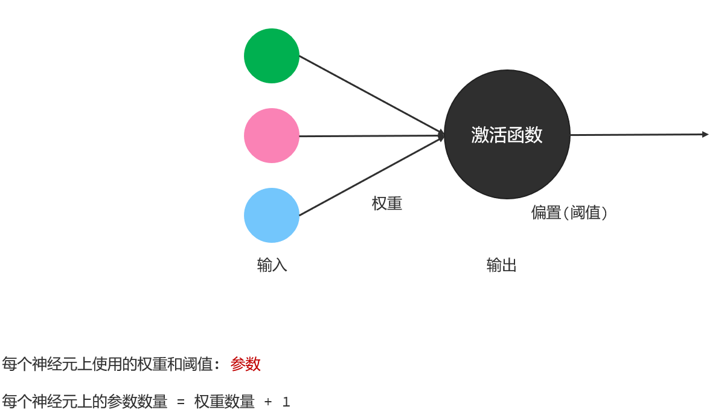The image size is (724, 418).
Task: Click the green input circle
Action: pyautogui.click(x=272, y=56)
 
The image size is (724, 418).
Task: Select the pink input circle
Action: pyautogui.click(x=272, y=135)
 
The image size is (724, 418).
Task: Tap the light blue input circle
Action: pyautogui.click(x=272, y=215)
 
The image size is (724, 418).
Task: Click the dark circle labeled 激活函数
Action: pyautogui.click(x=507, y=163)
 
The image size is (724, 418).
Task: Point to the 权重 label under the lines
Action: pyautogui.click(x=387, y=204)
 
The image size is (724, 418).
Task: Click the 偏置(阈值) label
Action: pyautogui.click(x=569, y=213)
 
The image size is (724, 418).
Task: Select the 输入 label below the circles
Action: pyautogui.click(x=272, y=265)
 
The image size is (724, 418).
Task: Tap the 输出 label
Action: pyautogui.click(x=502, y=265)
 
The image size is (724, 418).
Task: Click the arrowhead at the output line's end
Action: pyautogui.click(x=705, y=134)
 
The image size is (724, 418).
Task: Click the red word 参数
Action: pyautogui.click(x=246, y=364)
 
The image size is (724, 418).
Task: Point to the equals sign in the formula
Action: pyautogui.click(x=181, y=402)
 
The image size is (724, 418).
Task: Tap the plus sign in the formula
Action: pyautogui.click(x=268, y=402)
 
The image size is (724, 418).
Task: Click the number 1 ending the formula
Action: pyautogui.click(x=286, y=402)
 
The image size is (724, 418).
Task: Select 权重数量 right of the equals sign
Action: pyautogui.click(x=225, y=402)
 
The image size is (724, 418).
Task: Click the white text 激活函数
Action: pyautogui.click(x=507, y=135)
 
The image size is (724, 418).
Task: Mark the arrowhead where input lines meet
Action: pyautogui.click(x=442, y=135)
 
